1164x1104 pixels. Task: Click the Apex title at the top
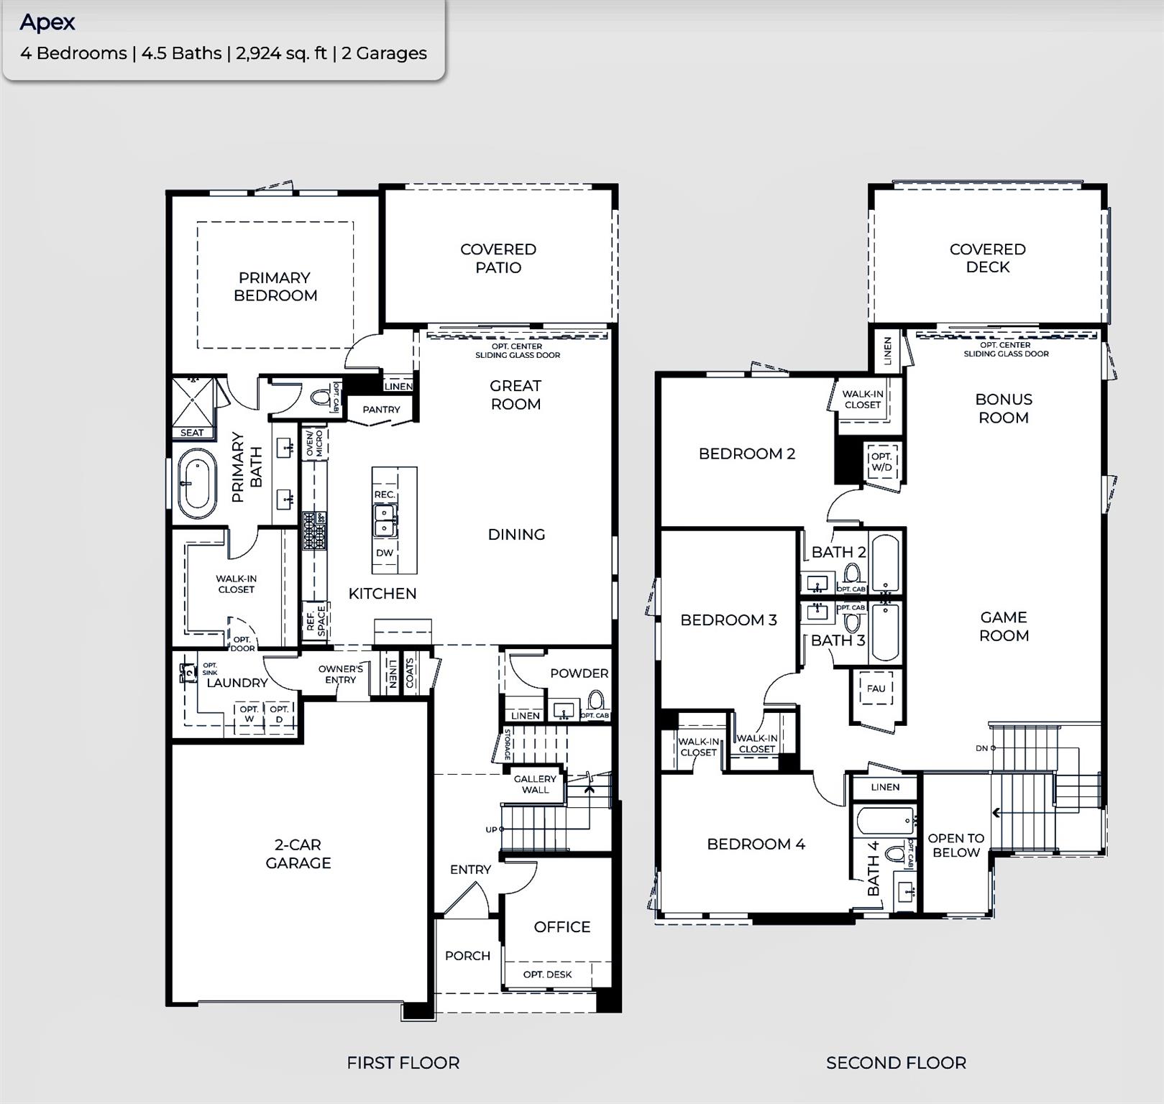[47, 22]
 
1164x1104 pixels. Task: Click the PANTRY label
[381, 410]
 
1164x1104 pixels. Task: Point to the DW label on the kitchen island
[385, 553]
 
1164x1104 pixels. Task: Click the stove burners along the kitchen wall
[313, 530]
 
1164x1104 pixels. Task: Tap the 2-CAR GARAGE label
[298, 854]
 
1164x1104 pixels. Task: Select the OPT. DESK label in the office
[547, 975]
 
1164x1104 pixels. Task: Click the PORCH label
[467, 956]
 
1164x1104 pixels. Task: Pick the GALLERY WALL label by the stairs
[535, 784]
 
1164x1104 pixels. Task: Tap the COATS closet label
[410, 673]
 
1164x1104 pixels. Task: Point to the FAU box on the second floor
[876, 689]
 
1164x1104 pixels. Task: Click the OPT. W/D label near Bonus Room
[881, 461]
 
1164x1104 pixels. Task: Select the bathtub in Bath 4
[884, 821]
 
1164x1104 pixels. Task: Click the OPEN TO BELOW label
[956, 845]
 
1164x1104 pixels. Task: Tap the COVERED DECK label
[987, 258]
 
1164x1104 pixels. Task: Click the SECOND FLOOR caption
[896, 1063]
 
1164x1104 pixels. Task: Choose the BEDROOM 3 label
[728, 620]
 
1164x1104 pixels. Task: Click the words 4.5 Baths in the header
[181, 53]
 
